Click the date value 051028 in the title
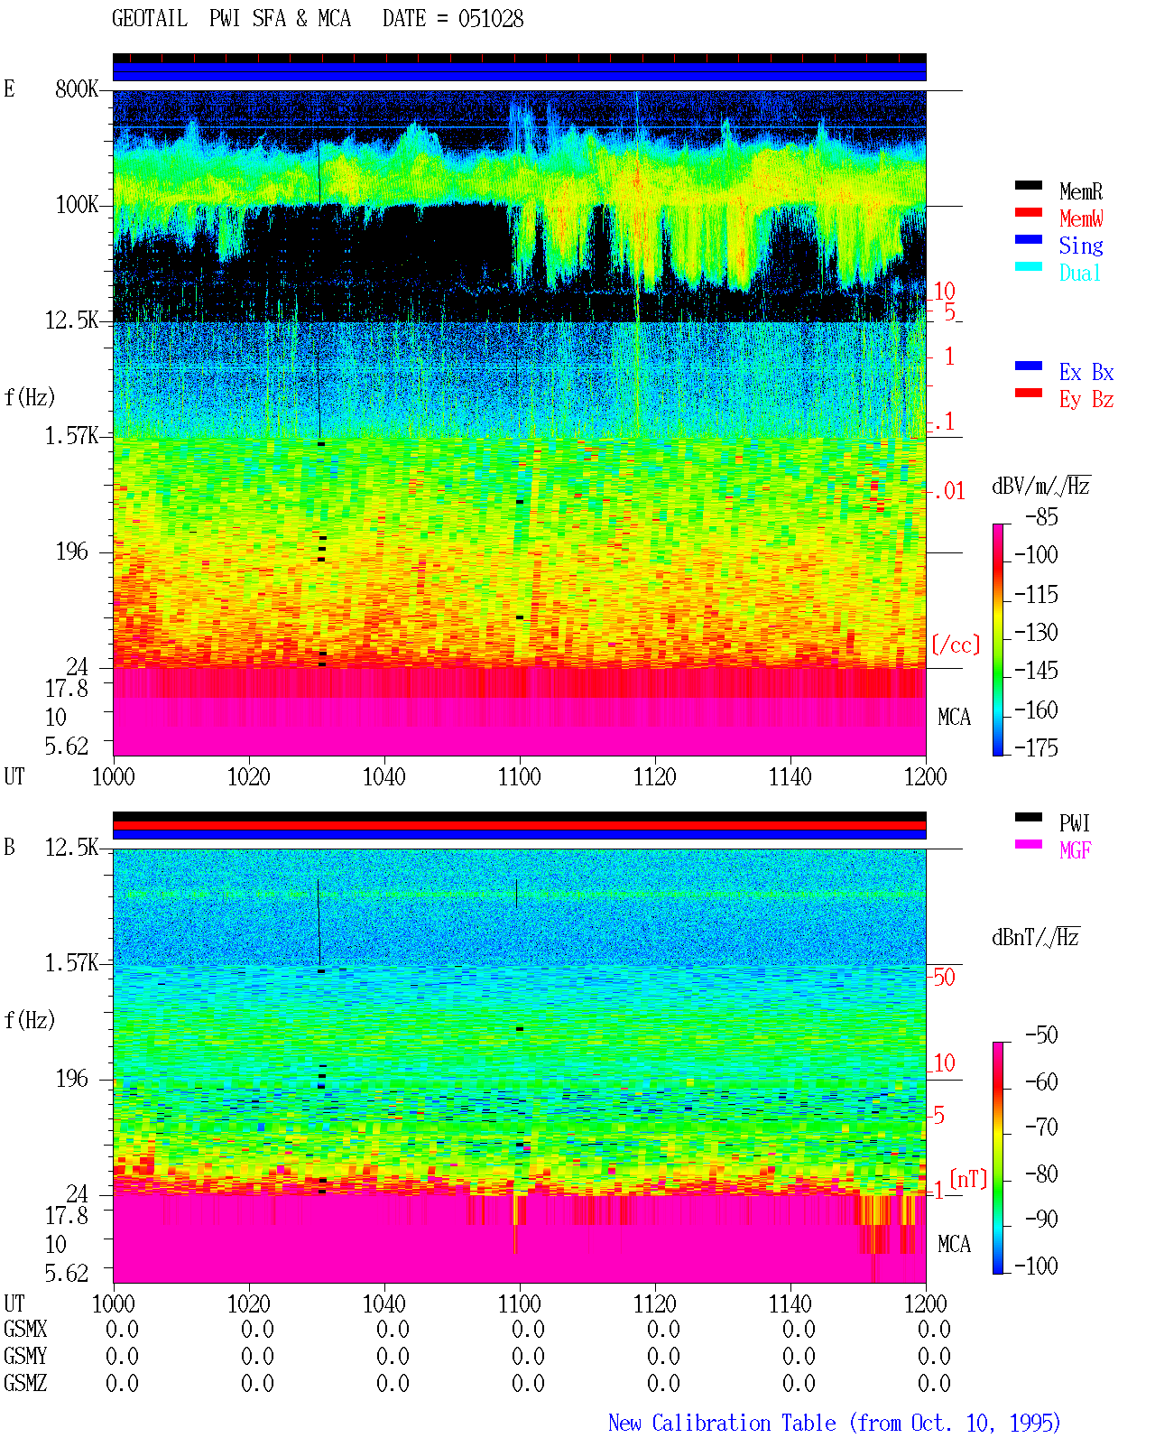coord(490,19)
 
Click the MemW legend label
coord(1081,218)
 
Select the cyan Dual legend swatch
coord(1028,266)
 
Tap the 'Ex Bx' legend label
coord(1086,372)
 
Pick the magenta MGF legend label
coord(1075,850)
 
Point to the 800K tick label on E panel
coord(77,88)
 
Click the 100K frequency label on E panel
coord(77,205)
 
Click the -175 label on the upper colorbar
coord(1036,747)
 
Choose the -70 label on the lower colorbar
coord(1041,1127)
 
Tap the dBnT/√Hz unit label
coord(1035,938)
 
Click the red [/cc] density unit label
coord(956,645)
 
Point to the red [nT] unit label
coord(968,1179)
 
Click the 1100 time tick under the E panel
coord(519,777)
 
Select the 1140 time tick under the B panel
coord(790,1303)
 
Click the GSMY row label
coord(25,1356)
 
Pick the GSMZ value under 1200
coord(934,1383)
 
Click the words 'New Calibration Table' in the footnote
coord(722,1423)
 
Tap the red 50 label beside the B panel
coord(944,978)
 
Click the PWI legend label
coord(1075,823)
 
